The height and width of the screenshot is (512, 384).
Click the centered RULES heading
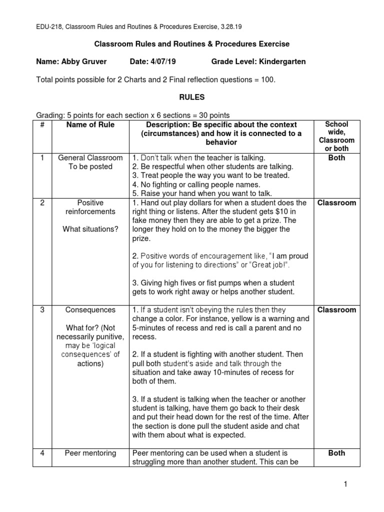click(x=192, y=97)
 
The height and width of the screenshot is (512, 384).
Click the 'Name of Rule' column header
click(x=90, y=125)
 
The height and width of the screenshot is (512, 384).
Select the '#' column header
click(x=42, y=125)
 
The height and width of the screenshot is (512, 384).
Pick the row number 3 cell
click(x=42, y=310)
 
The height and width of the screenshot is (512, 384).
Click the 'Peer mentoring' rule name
click(x=90, y=453)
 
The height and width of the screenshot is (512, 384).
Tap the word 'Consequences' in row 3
click(x=90, y=310)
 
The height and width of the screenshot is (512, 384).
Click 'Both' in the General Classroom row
click(x=336, y=158)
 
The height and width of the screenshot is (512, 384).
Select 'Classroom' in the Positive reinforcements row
click(x=336, y=203)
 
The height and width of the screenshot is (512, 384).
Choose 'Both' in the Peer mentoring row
click(x=336, y=453)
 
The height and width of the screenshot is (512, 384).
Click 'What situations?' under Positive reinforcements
click(x=90, y=229)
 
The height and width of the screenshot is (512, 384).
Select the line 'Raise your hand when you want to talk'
click(x=202, y=193)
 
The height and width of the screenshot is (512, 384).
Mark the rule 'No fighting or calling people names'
click(x=198, y=184)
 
